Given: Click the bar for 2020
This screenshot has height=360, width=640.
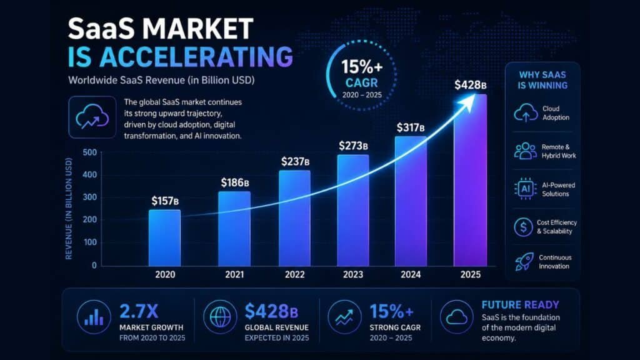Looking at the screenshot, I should [164, 237].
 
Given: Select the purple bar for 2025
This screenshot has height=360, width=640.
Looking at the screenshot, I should [469, 181].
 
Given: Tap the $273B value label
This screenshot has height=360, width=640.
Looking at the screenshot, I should [354, 146].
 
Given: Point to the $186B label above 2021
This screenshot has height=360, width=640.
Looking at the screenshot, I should [235, 182].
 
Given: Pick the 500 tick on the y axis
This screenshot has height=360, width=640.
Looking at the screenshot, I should [89, 152].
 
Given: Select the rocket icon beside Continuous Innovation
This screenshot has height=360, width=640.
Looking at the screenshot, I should [522, 261].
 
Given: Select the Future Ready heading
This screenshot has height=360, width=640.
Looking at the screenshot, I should [520, 305].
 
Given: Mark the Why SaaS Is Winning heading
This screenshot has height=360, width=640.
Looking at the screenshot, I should [542, 80].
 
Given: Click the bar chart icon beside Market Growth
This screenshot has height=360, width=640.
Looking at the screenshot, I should [94, 317].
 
